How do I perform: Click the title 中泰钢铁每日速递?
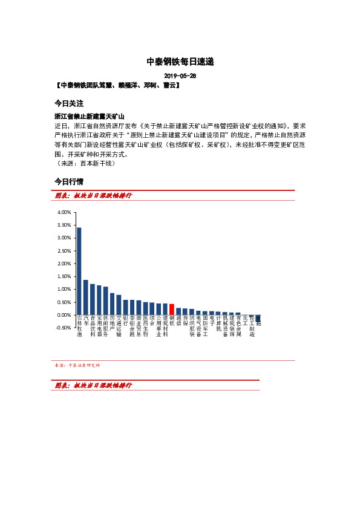point(180,62)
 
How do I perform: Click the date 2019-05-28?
point(180,76)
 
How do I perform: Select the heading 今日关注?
point(68,103)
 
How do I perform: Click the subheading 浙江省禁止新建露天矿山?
point(89,115)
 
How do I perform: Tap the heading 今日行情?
point(68,181)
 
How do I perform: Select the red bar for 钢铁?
point(172,310)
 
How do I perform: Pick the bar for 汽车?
point(86,297)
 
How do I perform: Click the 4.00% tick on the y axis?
point(64,213)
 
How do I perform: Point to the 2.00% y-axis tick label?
point(64,264)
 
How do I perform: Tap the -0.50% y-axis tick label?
point(64,328)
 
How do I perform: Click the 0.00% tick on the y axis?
point(64,315)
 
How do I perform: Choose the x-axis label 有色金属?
point(238,326)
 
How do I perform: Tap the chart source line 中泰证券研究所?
point(77,365)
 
